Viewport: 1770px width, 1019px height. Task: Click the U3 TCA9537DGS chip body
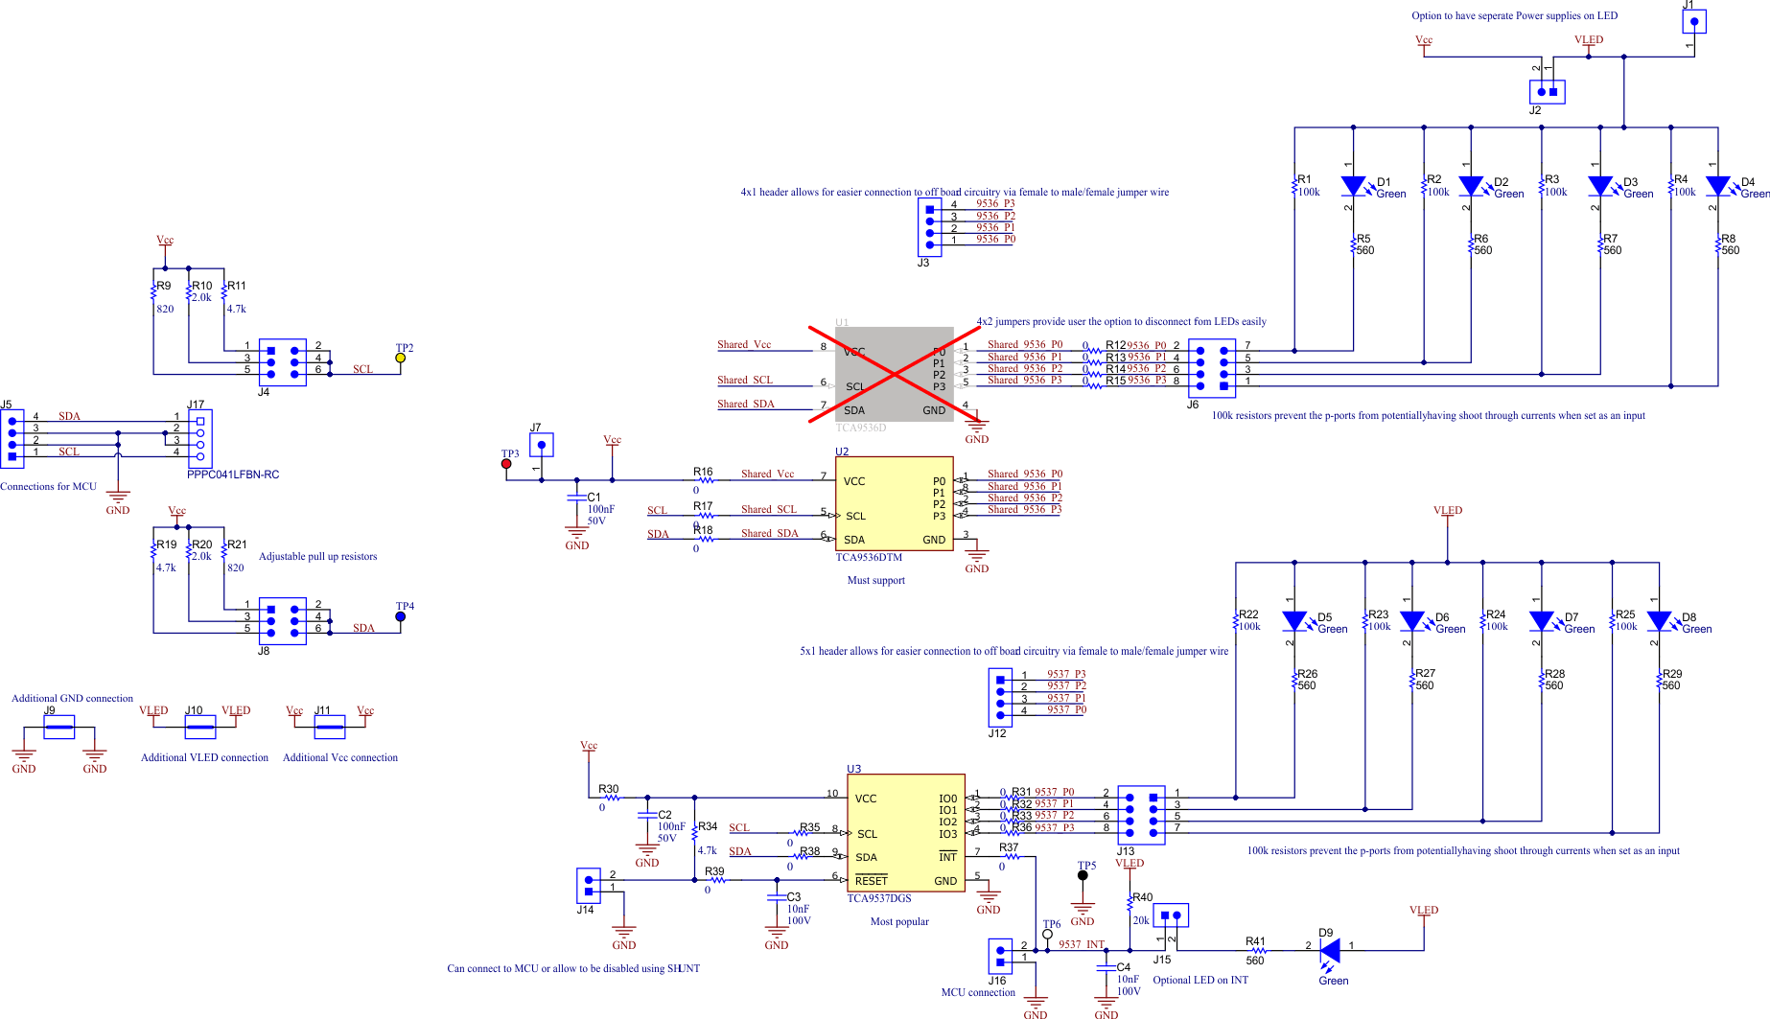coord(905,833)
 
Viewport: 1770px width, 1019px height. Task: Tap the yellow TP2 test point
coord(401,358)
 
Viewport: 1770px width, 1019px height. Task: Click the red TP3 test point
coord(506,464)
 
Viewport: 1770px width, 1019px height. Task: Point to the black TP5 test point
coord(1083,875)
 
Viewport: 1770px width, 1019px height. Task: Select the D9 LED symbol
coord(1329,951)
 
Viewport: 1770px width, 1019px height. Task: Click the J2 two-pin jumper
coord(1547,92)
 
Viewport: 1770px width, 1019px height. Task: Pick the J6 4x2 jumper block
coord(1211,368)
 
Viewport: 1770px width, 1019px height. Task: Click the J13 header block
coord(1141,815)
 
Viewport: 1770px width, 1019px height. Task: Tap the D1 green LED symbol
coord(1353,186)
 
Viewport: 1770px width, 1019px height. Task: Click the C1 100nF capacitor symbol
coord(576,498)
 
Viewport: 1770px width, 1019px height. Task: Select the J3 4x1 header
coord(929,226)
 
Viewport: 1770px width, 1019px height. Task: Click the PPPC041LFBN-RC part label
coord(233,475)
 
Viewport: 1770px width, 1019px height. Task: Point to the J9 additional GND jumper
coord(58,728)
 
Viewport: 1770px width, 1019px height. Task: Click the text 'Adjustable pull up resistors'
coord(317,556)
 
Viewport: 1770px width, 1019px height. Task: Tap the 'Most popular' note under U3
coord(899,921)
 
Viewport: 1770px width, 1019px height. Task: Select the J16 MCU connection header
coord(999,956)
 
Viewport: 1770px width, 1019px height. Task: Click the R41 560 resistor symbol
coord(1258,951)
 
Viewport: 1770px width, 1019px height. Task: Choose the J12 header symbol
coord(1000,697)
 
